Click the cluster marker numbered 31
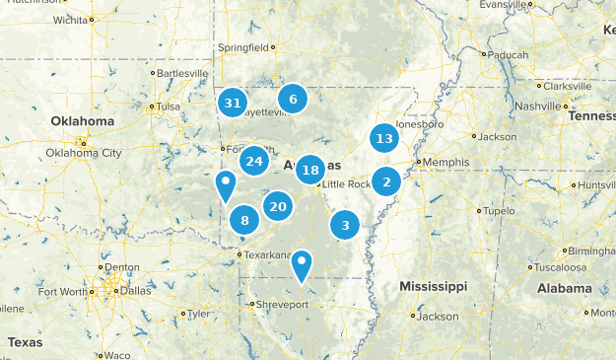pyautogui.click(x=233, y=103)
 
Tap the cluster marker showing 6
pyautogui.click(x=292, y=99)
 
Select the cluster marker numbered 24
pyautogui.click(x=254, y=161)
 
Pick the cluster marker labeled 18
pyautogui.click(x=310, y=170)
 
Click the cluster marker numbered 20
pyautogui.click(x=278, y=206)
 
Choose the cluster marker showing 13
pyautogui.click(x=384, y=138)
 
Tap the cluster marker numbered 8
pyautogui.click(x=244, y=221)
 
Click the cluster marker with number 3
pyautogui.click(x=345, y=226)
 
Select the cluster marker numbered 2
pyautogui.click(x=386, y=180)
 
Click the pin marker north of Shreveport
pyautogui.click(x=302, y=264)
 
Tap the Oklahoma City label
pyautogui.click(x=84, y=153)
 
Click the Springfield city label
pyautogui.click(x=243, y=46)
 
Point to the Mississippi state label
pyautogui.click(x=433, y=286)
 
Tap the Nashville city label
pyautogui.click(x=537, y=106)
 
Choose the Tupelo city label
pyautogui.click(x=500, y=211)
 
